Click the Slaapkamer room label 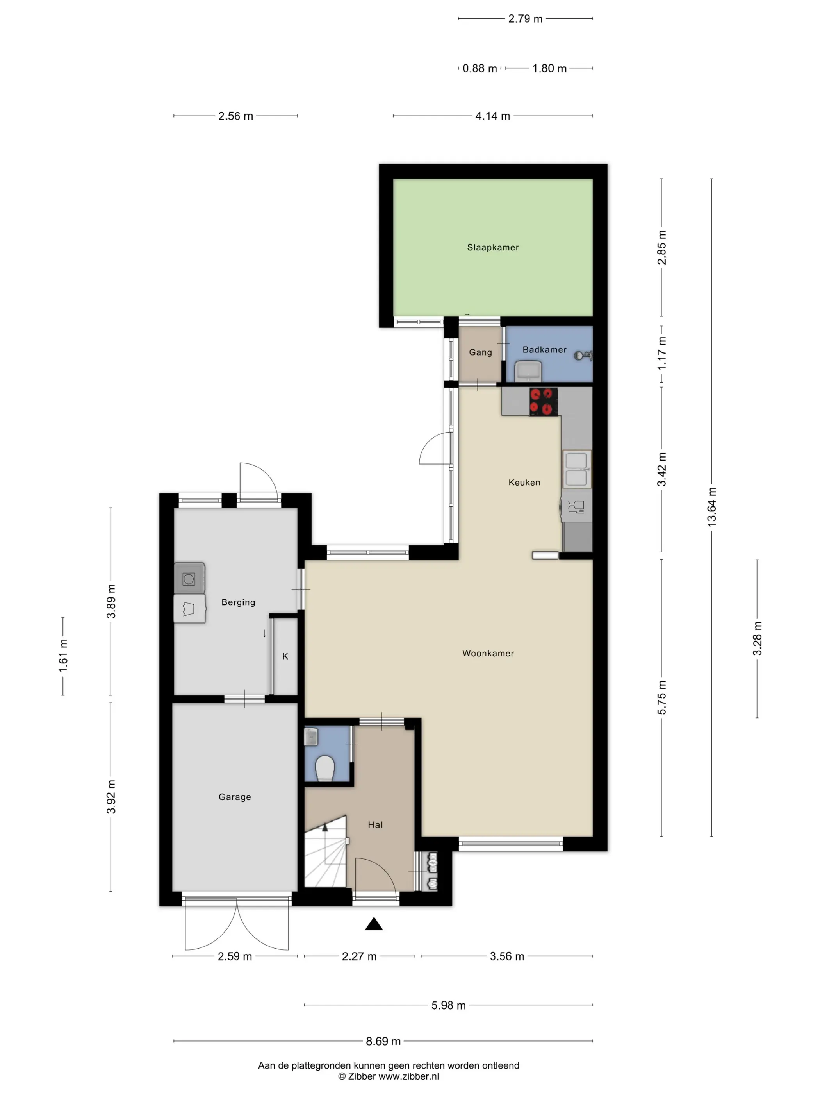[x=493, y=247]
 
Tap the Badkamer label [x=544, y=350]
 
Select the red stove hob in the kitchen [x=544, y=402]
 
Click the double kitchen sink [x=577, y=469]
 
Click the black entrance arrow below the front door [x=374, y=924]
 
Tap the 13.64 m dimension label [x=712, y=506]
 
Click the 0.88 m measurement [x=480, y=68]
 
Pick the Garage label [x=235, y=797]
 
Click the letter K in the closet [x=285, y=656]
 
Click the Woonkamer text [x=488, y=653]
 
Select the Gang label [x=480, y=352]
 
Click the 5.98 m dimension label [x=448, y=1005]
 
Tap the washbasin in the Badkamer [x=528, y=371]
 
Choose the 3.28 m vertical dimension [x=757, y=638]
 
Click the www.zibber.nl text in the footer [x=409, y=1076]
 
